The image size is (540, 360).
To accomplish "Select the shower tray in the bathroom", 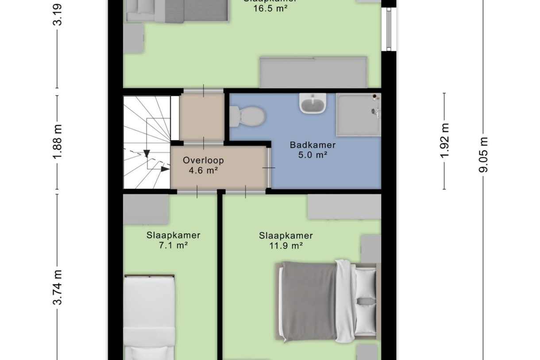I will pyautogui.click(x=358, y=114).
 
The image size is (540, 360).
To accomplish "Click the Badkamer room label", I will pyautogui.click(x=312, y=145).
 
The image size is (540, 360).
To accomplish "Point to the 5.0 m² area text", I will pyautogui.click(x=312, y=155).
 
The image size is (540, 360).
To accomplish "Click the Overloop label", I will pyautogui.click(x=203, y=160).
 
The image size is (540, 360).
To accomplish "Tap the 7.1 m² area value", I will pyautogui.click(x=173, y=245).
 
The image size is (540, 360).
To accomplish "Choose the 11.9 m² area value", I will pyautogui.click(x=286, y=245).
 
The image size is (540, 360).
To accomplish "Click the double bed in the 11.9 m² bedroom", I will pyautogui.click(x=327, y=301).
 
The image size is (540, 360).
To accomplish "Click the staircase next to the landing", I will pyautogui.click(x=146, y=142).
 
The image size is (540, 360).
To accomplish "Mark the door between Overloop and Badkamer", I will pyautogui.click(x=269, y=168).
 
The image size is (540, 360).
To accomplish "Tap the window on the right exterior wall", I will pyautogui.click(x=388, y=29).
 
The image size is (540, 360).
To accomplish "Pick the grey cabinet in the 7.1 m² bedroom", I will pyautogui.click(x=146, y=209).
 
